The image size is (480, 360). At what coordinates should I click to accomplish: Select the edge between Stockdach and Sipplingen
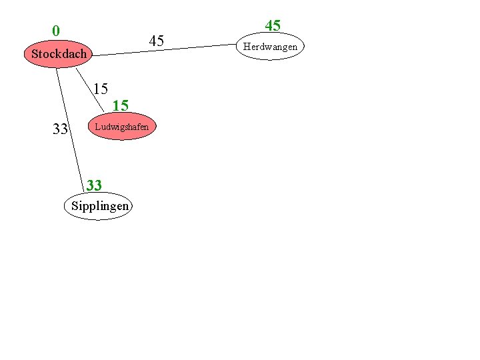71,127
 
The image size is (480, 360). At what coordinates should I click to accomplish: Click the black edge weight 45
157,41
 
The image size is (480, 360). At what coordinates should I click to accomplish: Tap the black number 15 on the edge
101,88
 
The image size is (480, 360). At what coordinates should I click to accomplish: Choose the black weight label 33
60,129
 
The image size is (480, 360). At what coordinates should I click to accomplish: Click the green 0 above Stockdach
56,31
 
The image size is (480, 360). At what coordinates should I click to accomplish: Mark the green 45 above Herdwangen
273,26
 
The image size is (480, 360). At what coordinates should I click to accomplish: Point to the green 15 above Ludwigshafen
121,105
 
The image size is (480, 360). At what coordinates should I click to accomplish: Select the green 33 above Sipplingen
94,185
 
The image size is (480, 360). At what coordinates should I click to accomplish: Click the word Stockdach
59,54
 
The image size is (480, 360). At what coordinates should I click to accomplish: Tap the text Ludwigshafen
122,127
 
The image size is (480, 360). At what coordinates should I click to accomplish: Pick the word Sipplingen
99,206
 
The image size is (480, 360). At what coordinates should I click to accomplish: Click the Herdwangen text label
270,47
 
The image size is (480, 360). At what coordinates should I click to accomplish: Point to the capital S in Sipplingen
75,206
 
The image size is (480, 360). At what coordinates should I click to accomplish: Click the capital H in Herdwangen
247,47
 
